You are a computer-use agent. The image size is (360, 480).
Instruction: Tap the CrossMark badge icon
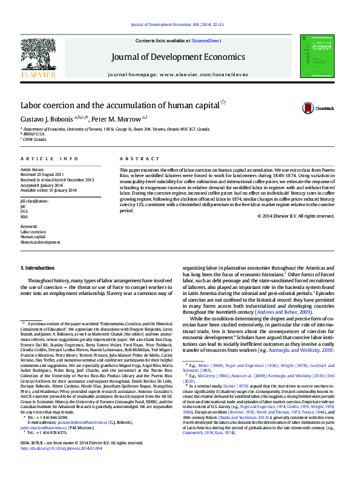pyautogui.click(x=309, y=108)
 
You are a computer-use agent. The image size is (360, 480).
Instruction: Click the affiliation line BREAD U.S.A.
pyautogui.click(x=34, y=134)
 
